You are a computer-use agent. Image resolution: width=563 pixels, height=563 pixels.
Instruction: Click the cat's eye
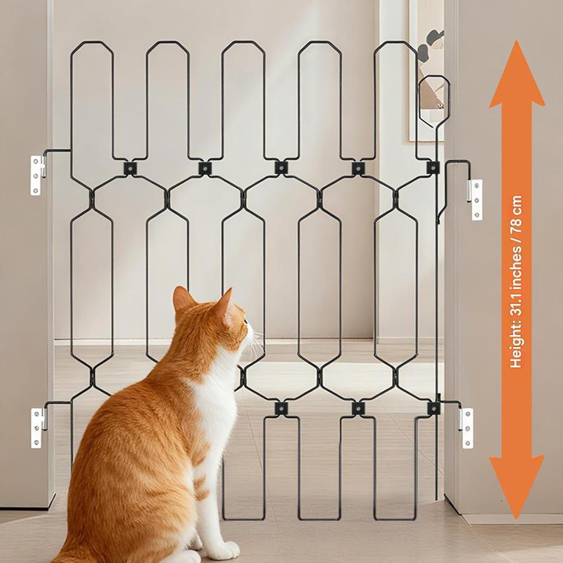pyautogui.click(x=245, y=321)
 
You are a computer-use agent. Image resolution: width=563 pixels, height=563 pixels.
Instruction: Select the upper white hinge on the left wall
pyautogui.click(x=38, y=175)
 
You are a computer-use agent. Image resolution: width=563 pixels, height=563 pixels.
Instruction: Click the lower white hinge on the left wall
pyautogui.click(x=38, y=428)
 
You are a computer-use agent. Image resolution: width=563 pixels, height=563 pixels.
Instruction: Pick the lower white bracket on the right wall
pyautogui.click(x=466, y=428)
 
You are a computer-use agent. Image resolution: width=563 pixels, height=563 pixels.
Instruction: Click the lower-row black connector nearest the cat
pyautogui.click(x=280, y=408)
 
